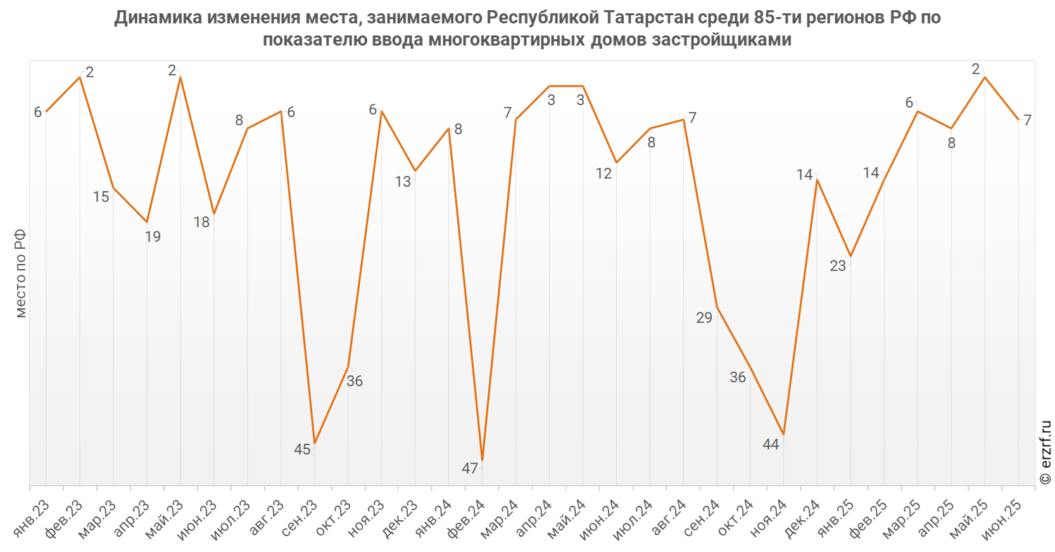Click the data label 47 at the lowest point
tap(470, 468)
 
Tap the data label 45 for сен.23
tap(302, 449)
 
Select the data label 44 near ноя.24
tap(771, 444)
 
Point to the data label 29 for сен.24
tap(704, 318)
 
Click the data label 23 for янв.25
tap(838, 266)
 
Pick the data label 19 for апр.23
tap(153, 237)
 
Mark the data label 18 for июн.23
tap(201, 222)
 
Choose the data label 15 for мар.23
tap(101, 197)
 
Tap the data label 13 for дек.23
tap(403, 182)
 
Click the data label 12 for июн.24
tap(604, 173)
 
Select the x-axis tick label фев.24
tap(467, 518)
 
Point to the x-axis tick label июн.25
tap(1002, 518)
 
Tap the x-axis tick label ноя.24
tap(768, 518)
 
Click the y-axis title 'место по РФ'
tap(20, 273)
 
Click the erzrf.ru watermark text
tap(1046, 453)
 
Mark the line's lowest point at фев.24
tap(483, 460)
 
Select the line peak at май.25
tap(985, 77)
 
